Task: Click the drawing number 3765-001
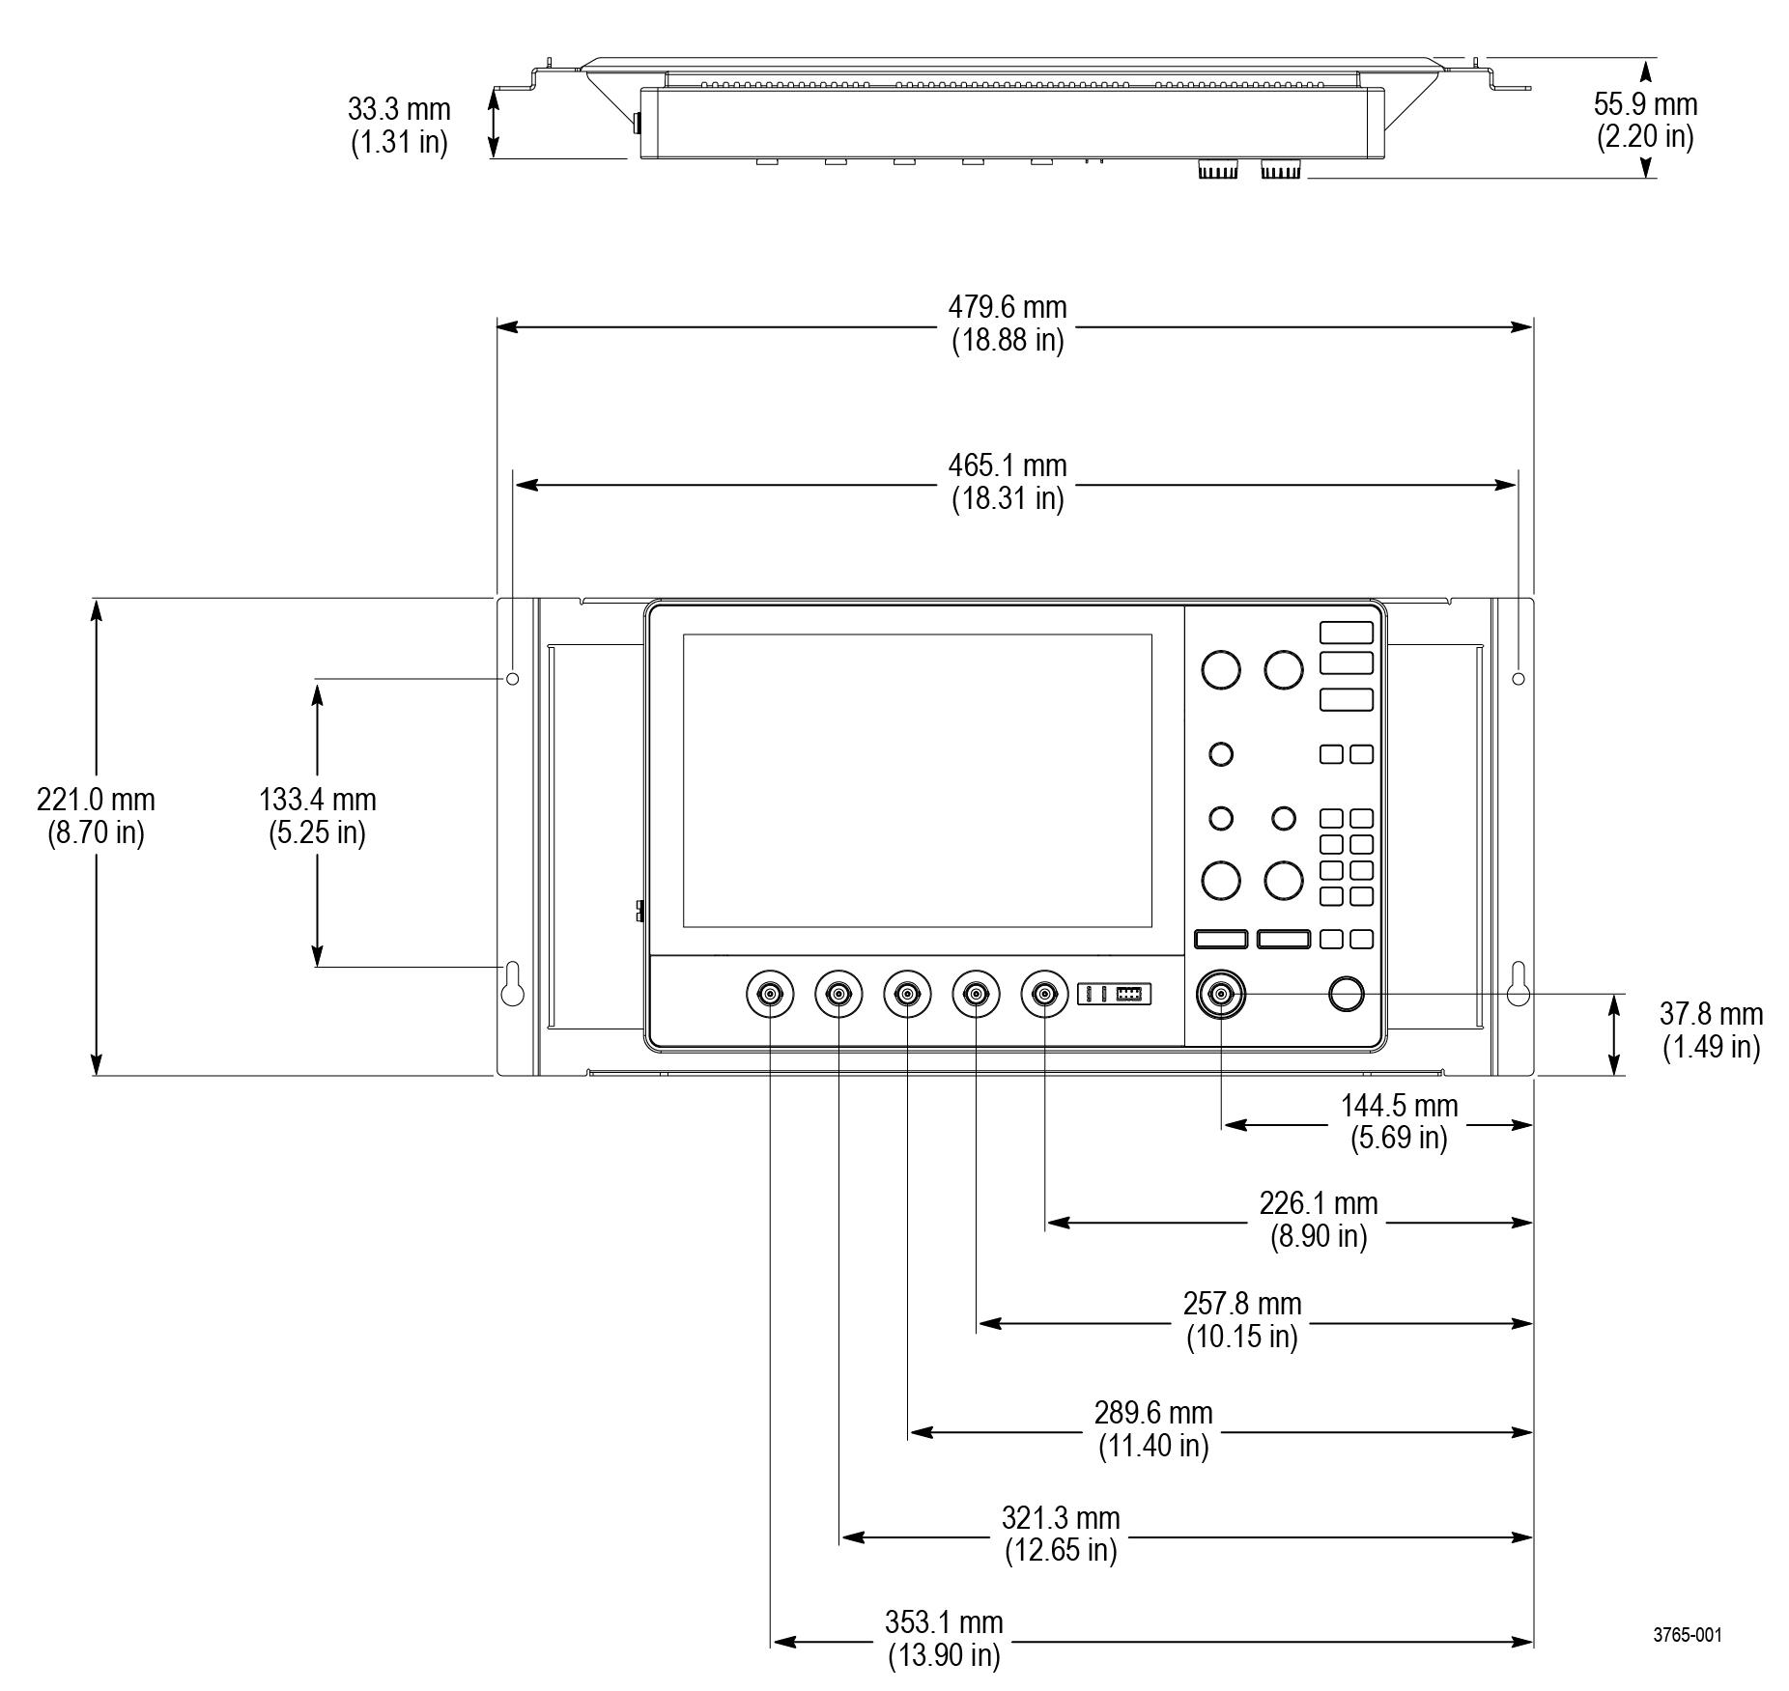pos(1687,1635)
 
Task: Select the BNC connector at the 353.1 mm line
pos(770,994)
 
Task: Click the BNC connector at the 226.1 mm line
pos(1045,994)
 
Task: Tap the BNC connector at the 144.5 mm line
pos(1221,994)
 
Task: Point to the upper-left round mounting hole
pos(513,679)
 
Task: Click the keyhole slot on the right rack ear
pos(1519,983)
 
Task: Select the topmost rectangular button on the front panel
pos(1346,633)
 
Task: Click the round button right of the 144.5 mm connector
pos(1346,994)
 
